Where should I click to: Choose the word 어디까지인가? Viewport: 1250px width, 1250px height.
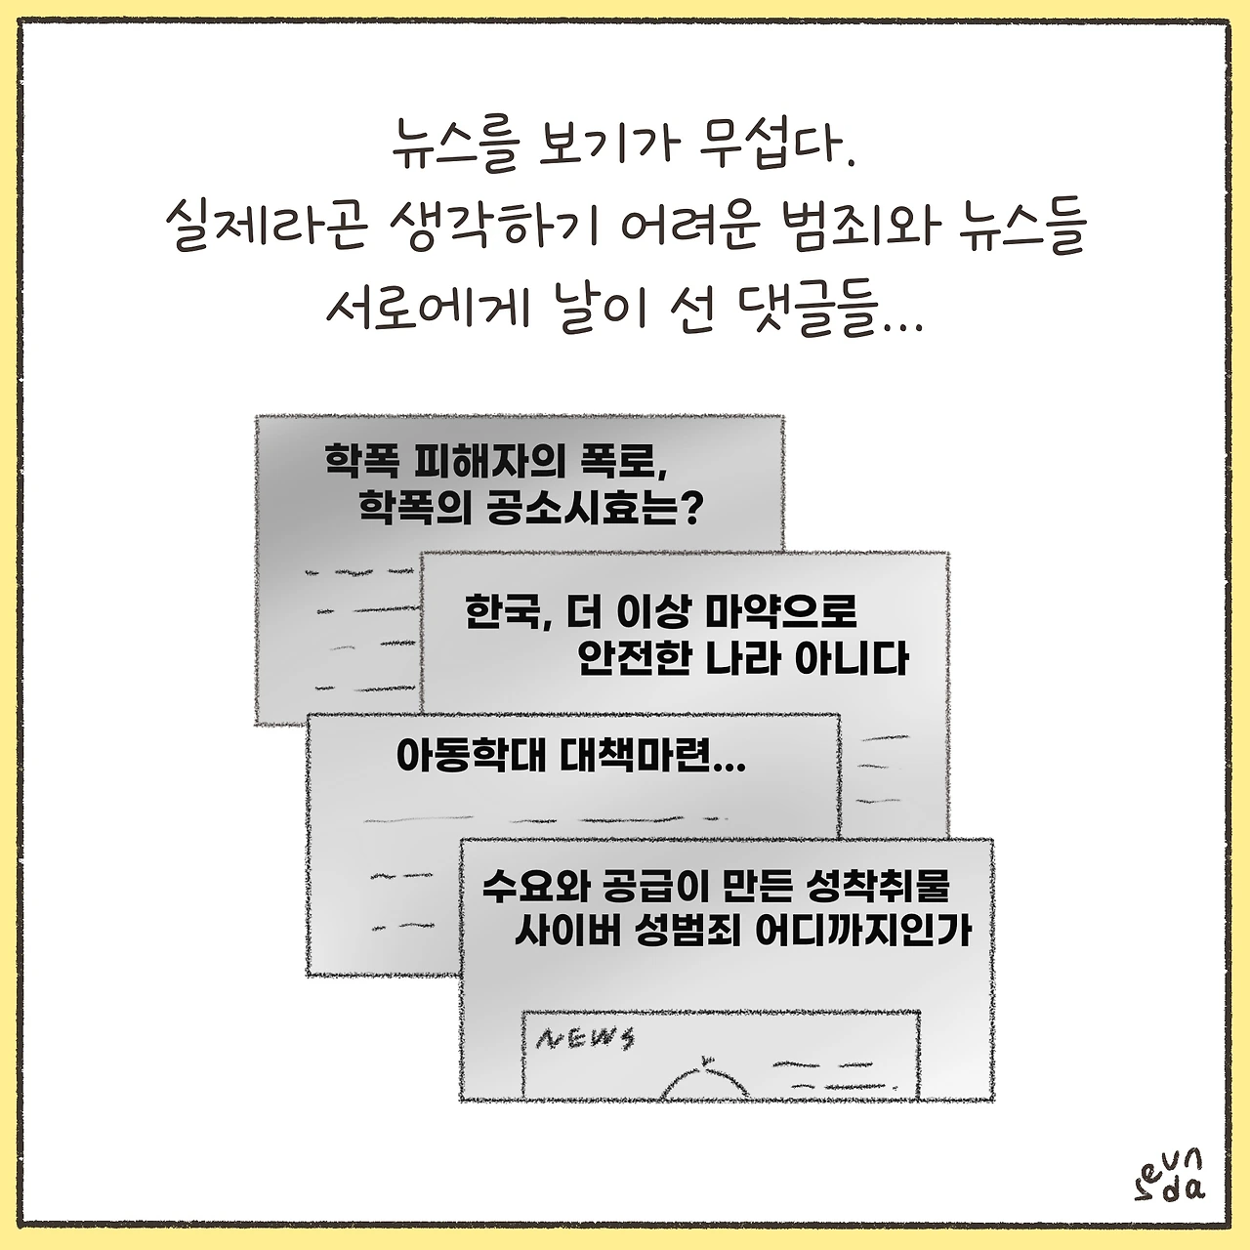coord(863,932)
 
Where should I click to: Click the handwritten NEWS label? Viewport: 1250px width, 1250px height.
coord(585,1038)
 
